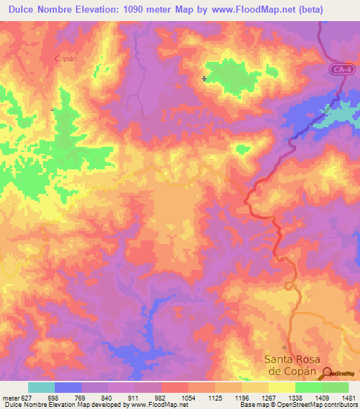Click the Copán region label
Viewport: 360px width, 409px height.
(x=65, y=59)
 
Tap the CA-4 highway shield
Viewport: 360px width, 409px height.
(x=342, y=69)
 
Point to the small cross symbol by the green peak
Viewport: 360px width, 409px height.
(x=205, y=79)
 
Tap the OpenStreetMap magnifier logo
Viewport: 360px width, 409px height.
(x=328, y=374)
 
